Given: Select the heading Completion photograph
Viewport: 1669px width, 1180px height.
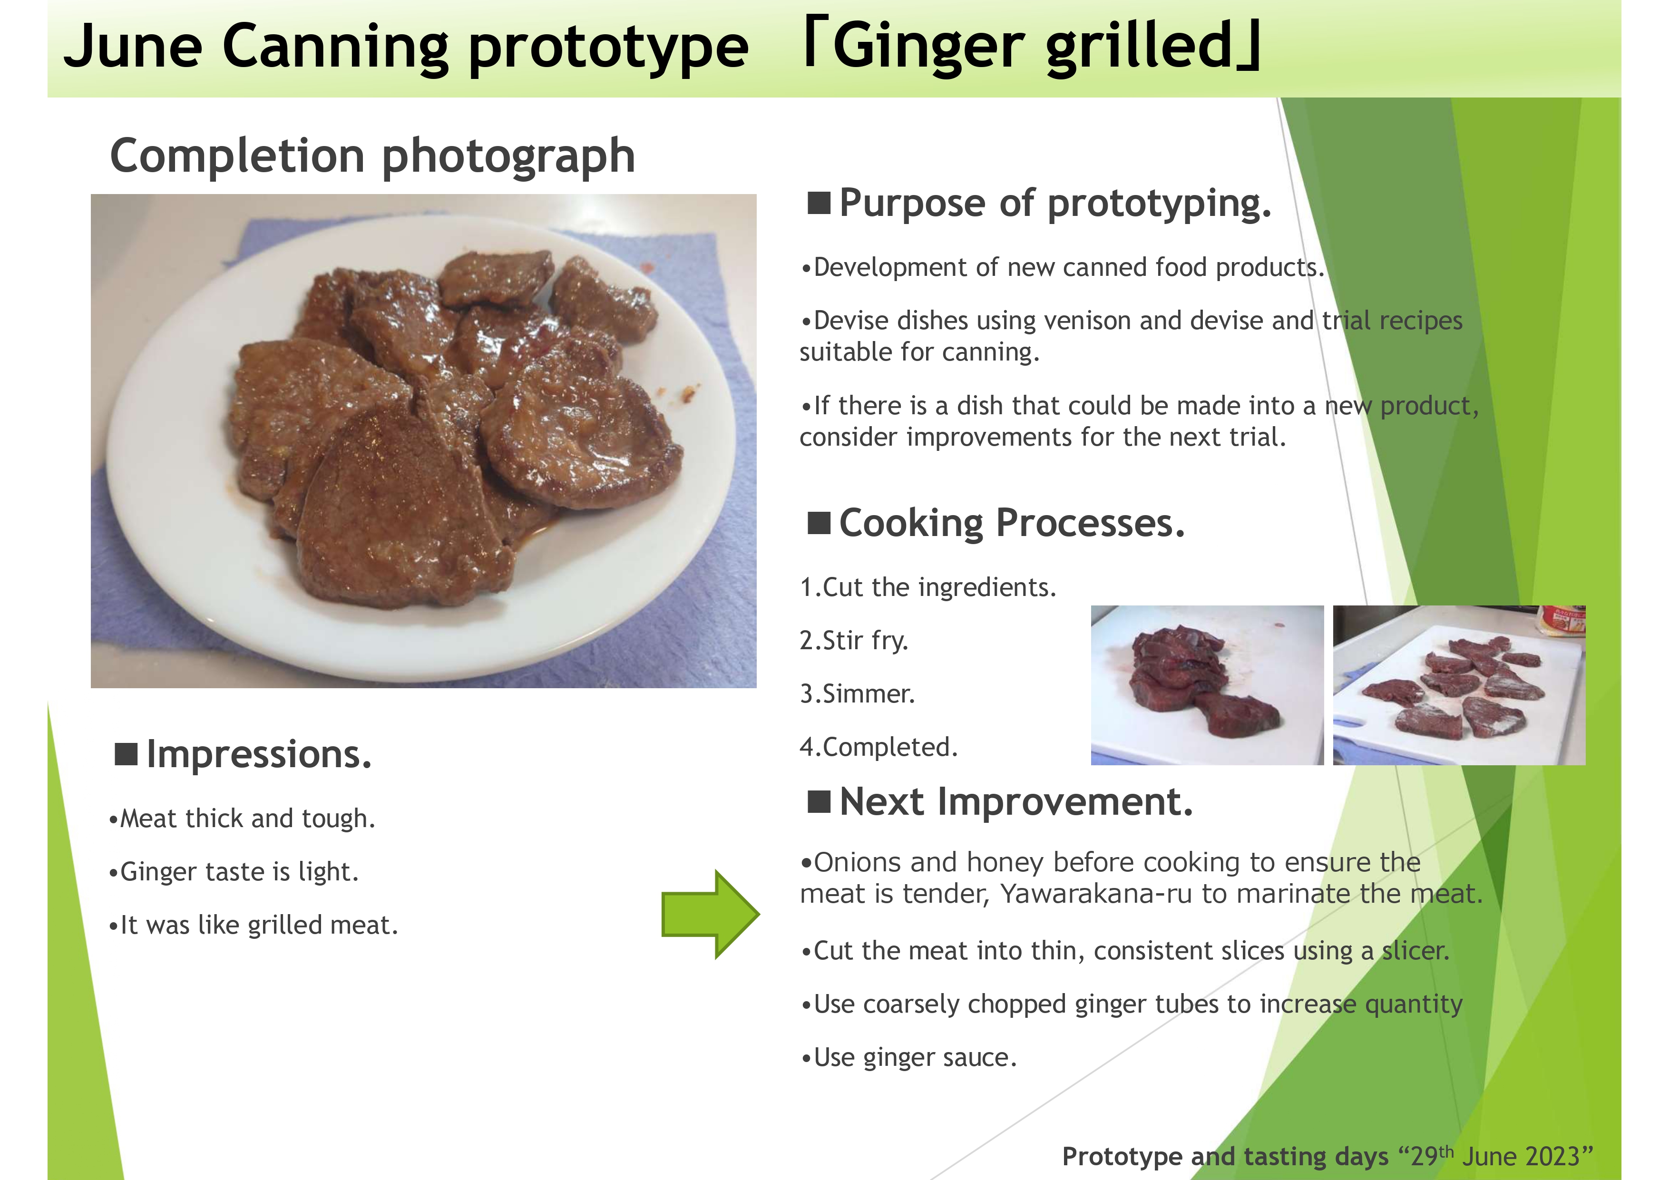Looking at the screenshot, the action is click(x=372, y=156).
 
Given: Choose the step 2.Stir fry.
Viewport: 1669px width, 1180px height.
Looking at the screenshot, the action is click(x=854, y=641).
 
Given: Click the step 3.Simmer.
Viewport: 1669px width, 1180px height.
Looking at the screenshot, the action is click(x=857, y=693).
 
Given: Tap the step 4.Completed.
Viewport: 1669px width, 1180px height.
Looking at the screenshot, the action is click(x=879, y=747).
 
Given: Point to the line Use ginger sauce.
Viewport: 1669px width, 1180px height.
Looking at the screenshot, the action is click(x=908, y=1058).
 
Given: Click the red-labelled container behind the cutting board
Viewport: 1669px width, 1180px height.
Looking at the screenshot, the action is click(x=1562, y=620).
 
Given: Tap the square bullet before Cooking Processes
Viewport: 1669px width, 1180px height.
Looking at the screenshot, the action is click(x=819, y=523).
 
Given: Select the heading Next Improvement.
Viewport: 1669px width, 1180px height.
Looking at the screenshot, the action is click(x=1001, y=802).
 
